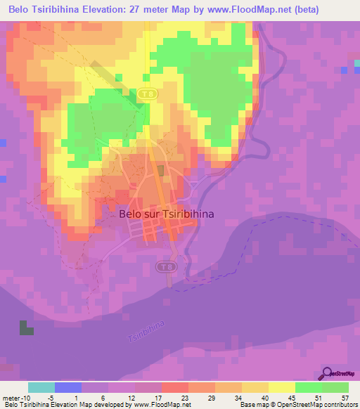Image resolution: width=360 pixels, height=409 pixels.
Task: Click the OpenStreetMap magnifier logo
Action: tap(328, 373)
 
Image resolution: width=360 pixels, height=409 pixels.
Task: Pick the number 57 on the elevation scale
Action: tap(345, 398)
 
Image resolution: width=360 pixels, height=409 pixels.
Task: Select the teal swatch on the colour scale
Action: tap(41, 387)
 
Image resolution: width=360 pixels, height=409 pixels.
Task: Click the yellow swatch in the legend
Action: tap(281, 387)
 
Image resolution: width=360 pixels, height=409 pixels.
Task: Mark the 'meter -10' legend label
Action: tap(15, 398)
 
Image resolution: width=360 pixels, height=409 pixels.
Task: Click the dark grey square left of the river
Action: tap(26, 327)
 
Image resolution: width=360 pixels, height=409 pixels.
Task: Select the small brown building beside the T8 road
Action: tap(161, 171)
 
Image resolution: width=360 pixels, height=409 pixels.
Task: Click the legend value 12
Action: tap(131, 398)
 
